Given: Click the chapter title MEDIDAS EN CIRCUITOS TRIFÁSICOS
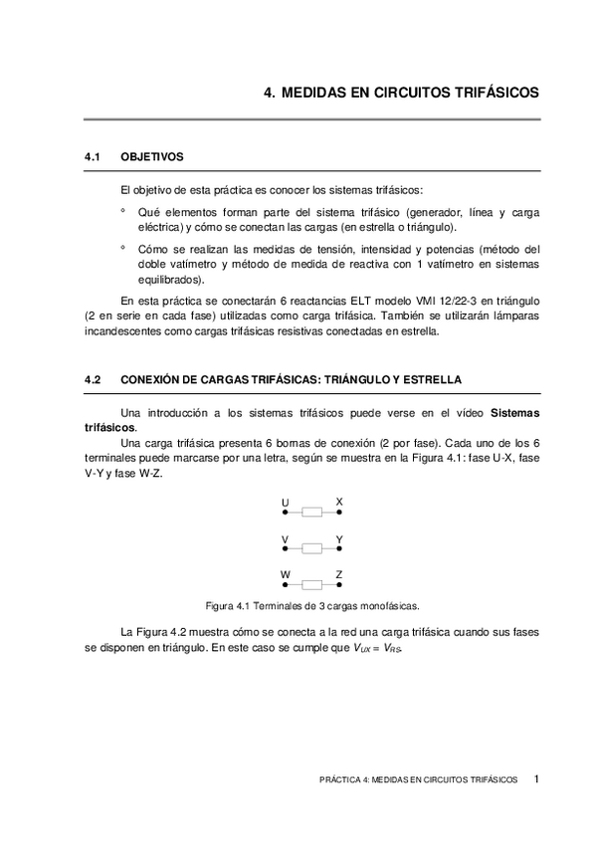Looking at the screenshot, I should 411,92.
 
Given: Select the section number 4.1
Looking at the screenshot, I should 95,157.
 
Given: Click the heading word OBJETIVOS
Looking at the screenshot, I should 152,157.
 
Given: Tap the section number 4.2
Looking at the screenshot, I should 95,380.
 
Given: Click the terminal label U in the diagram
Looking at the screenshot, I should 286,502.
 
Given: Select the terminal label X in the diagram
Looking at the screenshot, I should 339,502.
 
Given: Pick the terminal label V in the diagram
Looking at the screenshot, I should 286,538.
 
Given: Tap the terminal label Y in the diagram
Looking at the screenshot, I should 339,538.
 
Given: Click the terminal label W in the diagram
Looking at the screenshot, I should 286,574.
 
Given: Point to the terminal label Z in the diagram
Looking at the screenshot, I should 339,574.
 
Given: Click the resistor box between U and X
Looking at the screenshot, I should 312,514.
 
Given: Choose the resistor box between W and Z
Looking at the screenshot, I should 312,585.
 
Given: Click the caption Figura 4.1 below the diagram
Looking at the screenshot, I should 311,604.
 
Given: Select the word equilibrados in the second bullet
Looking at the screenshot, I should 169,280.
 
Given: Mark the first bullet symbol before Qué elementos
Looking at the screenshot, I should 122,211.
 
